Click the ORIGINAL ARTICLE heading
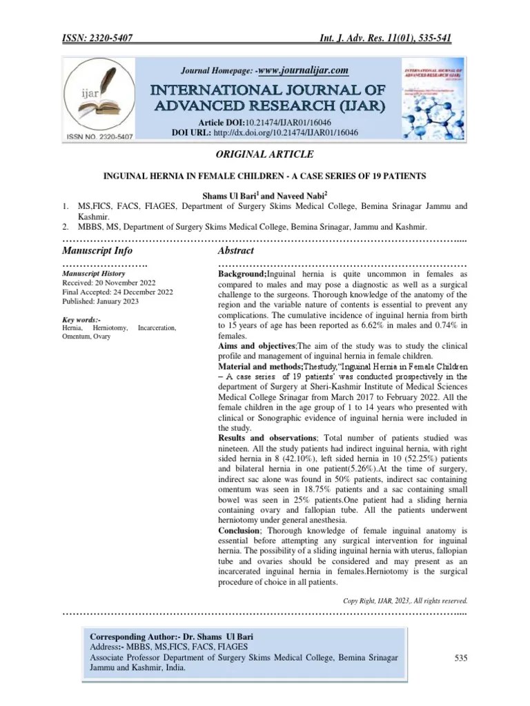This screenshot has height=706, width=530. click(265, 154)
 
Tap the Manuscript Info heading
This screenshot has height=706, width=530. click(97, 250)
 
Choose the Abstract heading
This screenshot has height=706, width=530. click(236, 250)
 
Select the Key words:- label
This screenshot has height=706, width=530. click(81, 320)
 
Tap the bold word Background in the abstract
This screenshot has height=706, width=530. click(242, 274)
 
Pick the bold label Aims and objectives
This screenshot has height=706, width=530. click(257, 344)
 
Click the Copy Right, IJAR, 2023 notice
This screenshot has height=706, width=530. click(405, 599)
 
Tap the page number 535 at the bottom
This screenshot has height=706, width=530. click(461, 658)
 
